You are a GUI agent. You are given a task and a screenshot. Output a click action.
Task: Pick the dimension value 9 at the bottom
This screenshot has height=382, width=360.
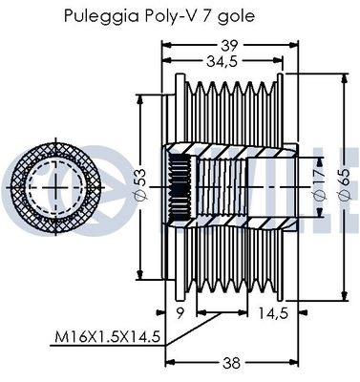pos(180,311)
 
